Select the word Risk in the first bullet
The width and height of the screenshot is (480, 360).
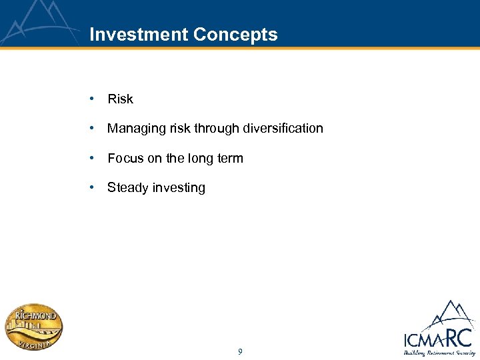pyautogui.click(x=120, y=99)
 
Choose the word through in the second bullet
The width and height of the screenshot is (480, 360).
pyautogui.click(x=211, y=129)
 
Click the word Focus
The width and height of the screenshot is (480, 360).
pyautogui.click(x=125, y=159)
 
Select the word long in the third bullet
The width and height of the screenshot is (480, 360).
pyautogui.click(x=201, y=159)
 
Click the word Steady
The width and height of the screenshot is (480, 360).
pyautogui.click(x=128, y=188)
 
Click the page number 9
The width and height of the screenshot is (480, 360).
pyautogui.click(x=240, y=351)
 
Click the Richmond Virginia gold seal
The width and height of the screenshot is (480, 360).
pyautogui.click(x=34, y=327)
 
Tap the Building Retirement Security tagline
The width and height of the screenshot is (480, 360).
pyautogui.click(x=439, y=353)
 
